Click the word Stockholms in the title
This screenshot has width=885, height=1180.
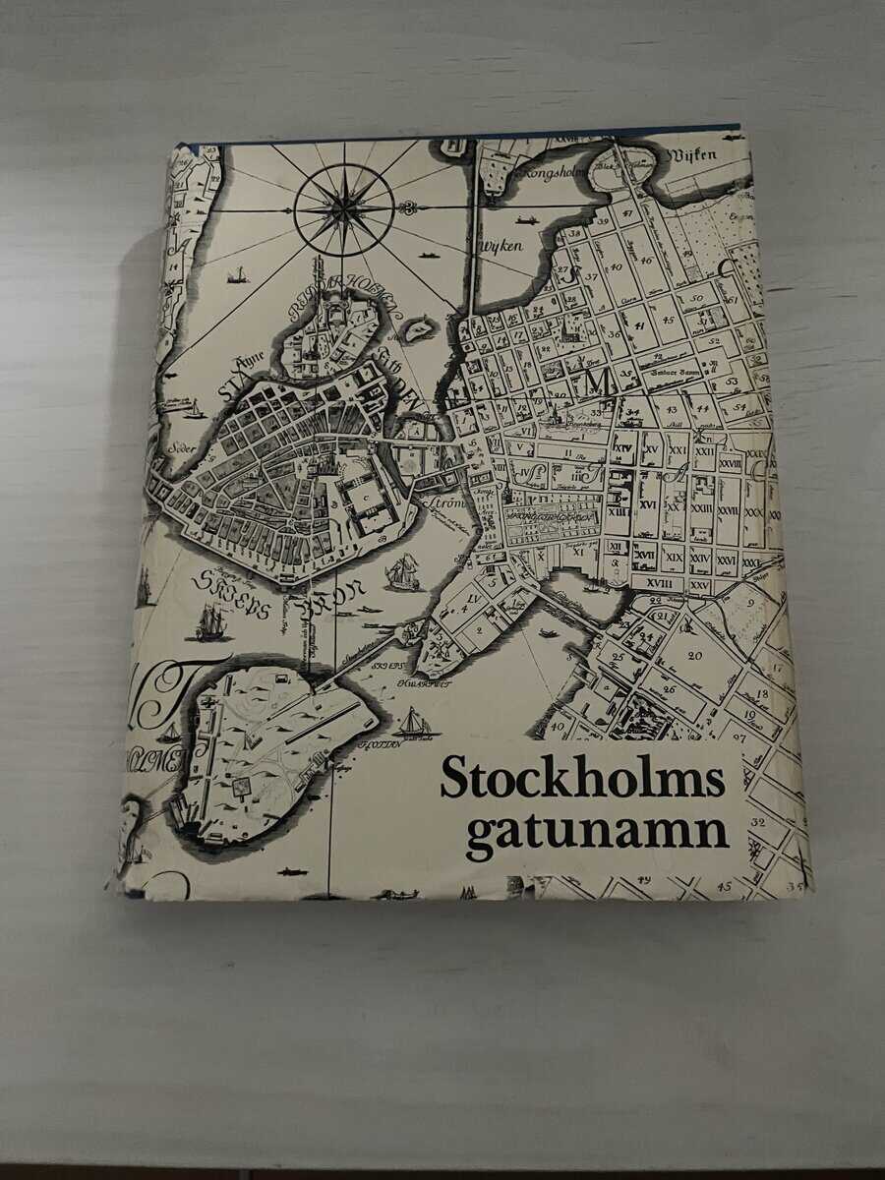(582, 778)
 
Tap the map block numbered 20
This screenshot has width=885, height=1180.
(694, 655)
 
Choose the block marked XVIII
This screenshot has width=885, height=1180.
(666, 582)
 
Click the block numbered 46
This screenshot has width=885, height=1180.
(645, 260)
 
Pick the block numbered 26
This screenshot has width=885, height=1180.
(669, 689)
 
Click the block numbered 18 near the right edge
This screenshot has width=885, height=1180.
(760, 694)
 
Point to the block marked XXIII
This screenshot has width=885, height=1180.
(700, 507)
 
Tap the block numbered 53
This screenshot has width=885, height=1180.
(730, 379)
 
